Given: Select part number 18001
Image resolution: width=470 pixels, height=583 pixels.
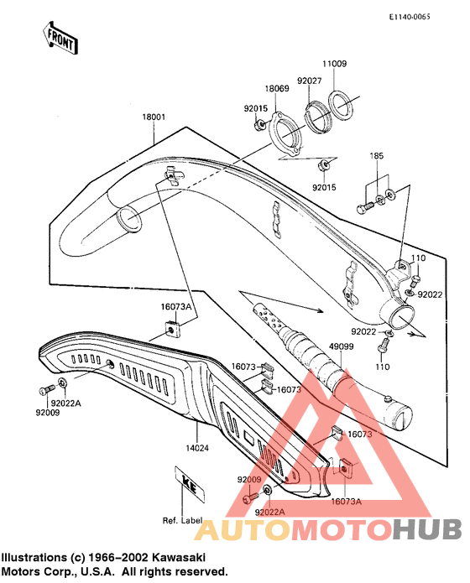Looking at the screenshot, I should pyautogui.click(x=154, y=118).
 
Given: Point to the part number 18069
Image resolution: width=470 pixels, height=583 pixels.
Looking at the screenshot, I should pyautogui.click(x=278, y=88).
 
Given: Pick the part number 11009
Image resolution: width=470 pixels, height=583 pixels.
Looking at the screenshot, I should pyautogui.click(x=334, y=64).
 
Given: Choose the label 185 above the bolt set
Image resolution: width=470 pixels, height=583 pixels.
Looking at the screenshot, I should pyautogui.click(x=377, y=156).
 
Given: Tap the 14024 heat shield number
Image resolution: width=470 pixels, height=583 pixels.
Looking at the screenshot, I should pyautogui.click(x=198, y=448).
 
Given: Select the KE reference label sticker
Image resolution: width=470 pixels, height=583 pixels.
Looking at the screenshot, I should pyautogui.click(x=188, y=482).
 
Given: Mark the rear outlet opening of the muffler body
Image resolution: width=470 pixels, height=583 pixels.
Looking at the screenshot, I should pyautogui.click(x=400, y=316).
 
